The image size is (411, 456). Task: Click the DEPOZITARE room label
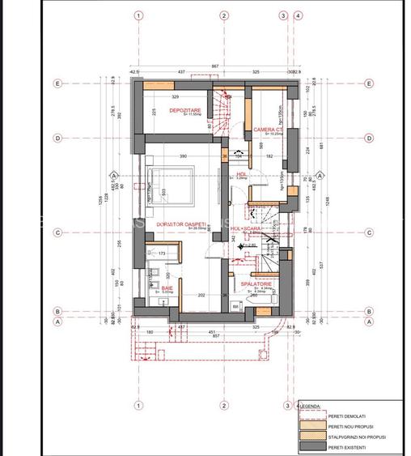coord(184,109)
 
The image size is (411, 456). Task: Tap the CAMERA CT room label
coord(267,130)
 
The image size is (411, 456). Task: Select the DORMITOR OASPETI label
coord(183,224)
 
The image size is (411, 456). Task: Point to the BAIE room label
coord(166,288)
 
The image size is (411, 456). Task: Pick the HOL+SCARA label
coord(245,229)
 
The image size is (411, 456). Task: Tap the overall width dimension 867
coord(214,65)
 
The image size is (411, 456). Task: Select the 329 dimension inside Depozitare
coord(175,96)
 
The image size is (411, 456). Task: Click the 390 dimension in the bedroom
coord(183,156)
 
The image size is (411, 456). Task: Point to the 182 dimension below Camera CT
coord(268,156)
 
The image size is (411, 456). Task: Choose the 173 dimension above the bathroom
coord(162,254)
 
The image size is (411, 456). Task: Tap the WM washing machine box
coord(235,305)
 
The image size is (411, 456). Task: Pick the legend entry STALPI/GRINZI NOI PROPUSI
coord(356,435)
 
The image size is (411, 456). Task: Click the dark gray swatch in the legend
coord(311,446)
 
